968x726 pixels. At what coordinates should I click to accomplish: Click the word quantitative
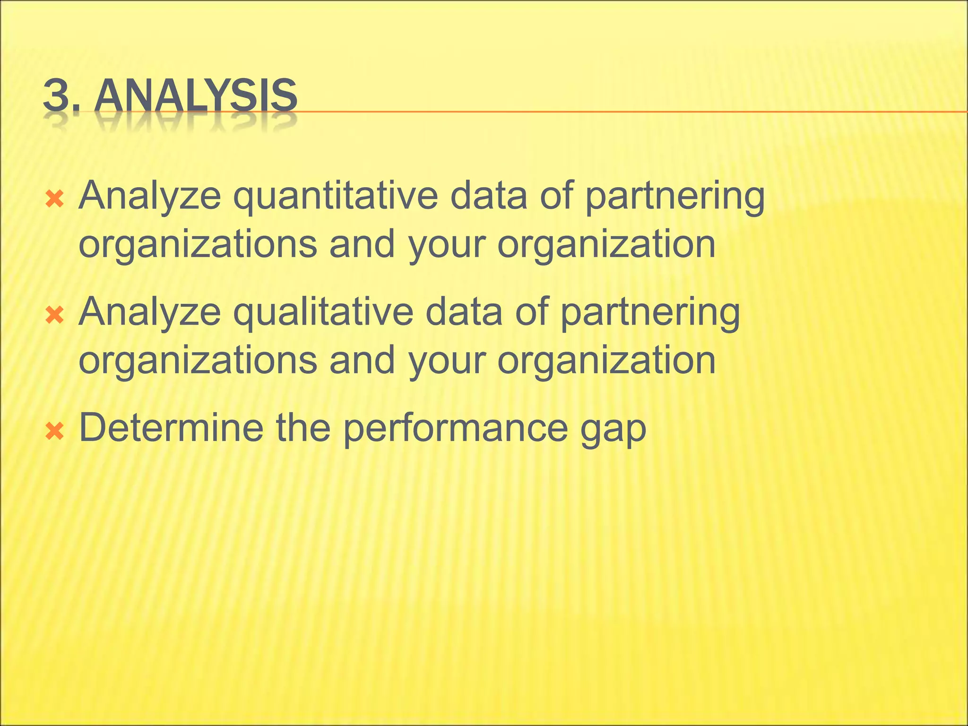pos(336,196)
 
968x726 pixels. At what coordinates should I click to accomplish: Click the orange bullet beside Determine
pos(55,431)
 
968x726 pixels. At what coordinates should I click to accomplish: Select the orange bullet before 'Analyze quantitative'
pos(55,199)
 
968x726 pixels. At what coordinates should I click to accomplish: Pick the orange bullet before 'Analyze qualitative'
pos(55,315)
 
